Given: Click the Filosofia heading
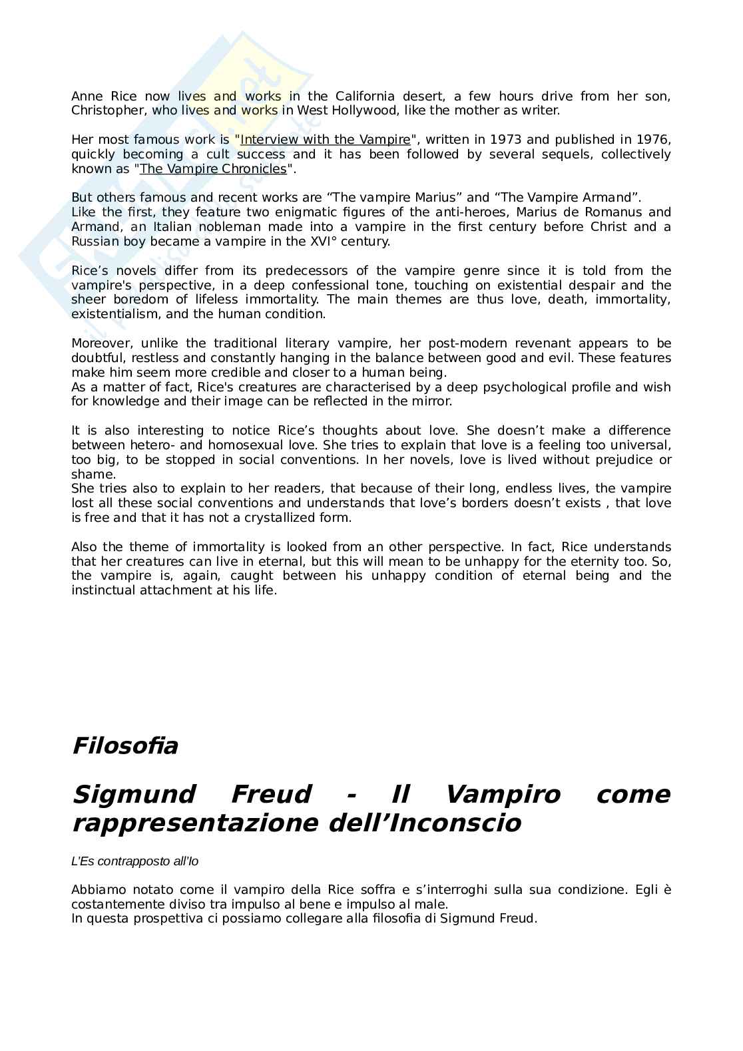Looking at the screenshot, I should click(x=124, y=745).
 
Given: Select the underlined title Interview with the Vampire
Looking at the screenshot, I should click(x=325, y=140).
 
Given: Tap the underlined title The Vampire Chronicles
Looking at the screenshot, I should click(x=213, y=169).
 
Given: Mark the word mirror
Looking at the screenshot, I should click(x=431, y=401).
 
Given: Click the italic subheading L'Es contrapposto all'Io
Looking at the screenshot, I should click(x=134, y=861).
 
